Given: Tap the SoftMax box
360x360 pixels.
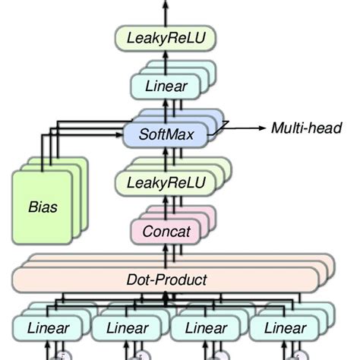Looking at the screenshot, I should [x=165, y=135].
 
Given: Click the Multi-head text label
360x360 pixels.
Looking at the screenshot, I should [x=306, y=128].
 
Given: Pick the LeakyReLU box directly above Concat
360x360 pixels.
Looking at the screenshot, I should [x=161, y=183].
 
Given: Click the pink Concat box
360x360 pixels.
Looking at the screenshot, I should [x=161, y=230].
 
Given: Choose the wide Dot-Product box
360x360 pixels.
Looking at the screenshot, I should [x=165, y=279].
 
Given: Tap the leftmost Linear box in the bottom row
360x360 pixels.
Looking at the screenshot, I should [x=48, y=328].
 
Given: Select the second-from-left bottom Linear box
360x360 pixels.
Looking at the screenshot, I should [x=127, y=328].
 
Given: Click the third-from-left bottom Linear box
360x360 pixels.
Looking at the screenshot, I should [x=206, y=328].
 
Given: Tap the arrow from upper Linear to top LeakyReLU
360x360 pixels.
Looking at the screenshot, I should [x=165, y=61].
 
